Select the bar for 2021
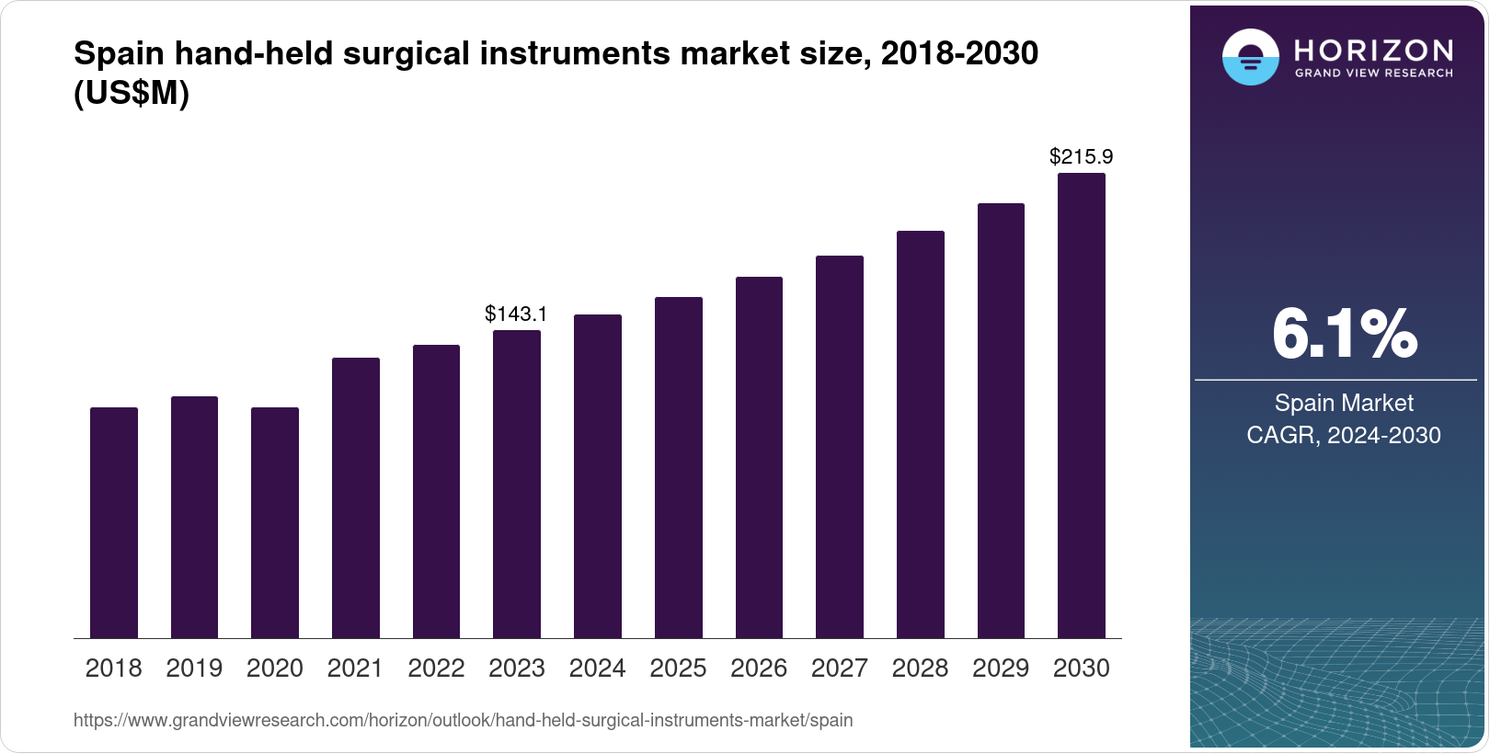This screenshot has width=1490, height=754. point(356,497)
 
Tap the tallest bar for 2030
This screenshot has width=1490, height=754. point(1082,406)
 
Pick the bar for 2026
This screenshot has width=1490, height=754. point(759,457)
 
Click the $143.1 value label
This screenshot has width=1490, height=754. point(516,314)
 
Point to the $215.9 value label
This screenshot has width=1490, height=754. point(1081,156)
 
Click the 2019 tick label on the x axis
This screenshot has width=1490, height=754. point(194,668)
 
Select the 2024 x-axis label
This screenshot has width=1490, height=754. point(597,668)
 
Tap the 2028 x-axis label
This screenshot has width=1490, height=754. point(920,668)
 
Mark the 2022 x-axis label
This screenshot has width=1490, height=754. point(436,668)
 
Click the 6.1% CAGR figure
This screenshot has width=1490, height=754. point(1344,335)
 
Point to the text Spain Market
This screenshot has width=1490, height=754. point(1344,403)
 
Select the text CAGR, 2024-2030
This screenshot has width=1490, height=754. point(1344,435)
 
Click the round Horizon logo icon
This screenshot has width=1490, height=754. point(1250,57)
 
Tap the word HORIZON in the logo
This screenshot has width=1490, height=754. point(1373,50)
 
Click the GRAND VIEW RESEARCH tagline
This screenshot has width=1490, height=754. point(1373,73)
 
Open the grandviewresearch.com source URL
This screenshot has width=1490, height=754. point(463,720)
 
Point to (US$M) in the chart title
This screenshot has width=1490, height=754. point(132,94)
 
